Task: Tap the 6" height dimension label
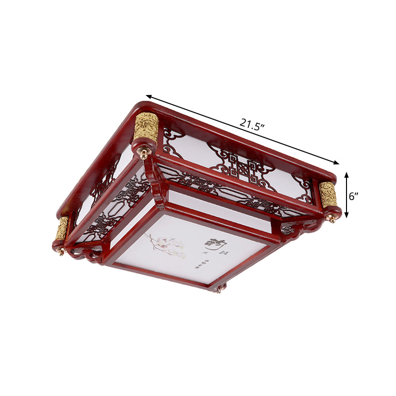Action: pos(353,196)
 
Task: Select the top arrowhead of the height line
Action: pos(346,174)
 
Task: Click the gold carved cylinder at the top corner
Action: pos(146,127)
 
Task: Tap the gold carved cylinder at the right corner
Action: pos(328,195)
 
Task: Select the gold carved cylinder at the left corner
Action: pos(62,228)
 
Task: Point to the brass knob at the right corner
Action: pos(333,218)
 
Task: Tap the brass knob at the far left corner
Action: pos(61,251)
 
